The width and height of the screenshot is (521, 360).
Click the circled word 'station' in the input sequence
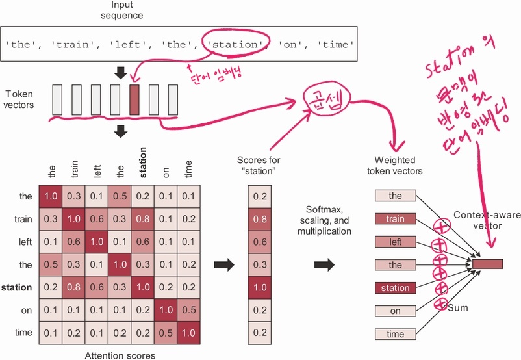pyautogui.click(x=235, y=44)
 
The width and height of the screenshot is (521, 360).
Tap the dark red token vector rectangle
pyautogui.click(x=134, y=99)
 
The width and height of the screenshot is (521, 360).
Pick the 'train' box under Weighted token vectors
pyautogui.click(x=396, y=219)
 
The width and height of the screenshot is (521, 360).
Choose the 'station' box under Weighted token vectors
pyautogui.click(x=396, y=288)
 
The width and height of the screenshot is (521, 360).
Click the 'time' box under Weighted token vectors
pyautogui.click(x=396, y=334)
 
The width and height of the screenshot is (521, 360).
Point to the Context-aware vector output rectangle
pyautogui.click(x=487, y=263)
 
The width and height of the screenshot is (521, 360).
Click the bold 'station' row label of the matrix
pyautogui.click(x=18, y=287)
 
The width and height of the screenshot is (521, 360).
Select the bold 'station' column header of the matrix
pyautogui.click(x=143, y=163)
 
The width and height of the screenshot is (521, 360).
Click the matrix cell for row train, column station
pyautogui.click(x=142, y=219)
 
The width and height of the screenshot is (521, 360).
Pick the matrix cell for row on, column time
pyautogui.click(x=187, y=310)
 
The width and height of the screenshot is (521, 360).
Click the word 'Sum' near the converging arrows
pyautogui.click(x=457, y=307)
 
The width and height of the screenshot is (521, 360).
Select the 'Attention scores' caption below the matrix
pyautogui.click(x=120, y=355)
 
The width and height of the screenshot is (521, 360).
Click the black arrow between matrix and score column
pyautogui.click(x=223, y=264)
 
